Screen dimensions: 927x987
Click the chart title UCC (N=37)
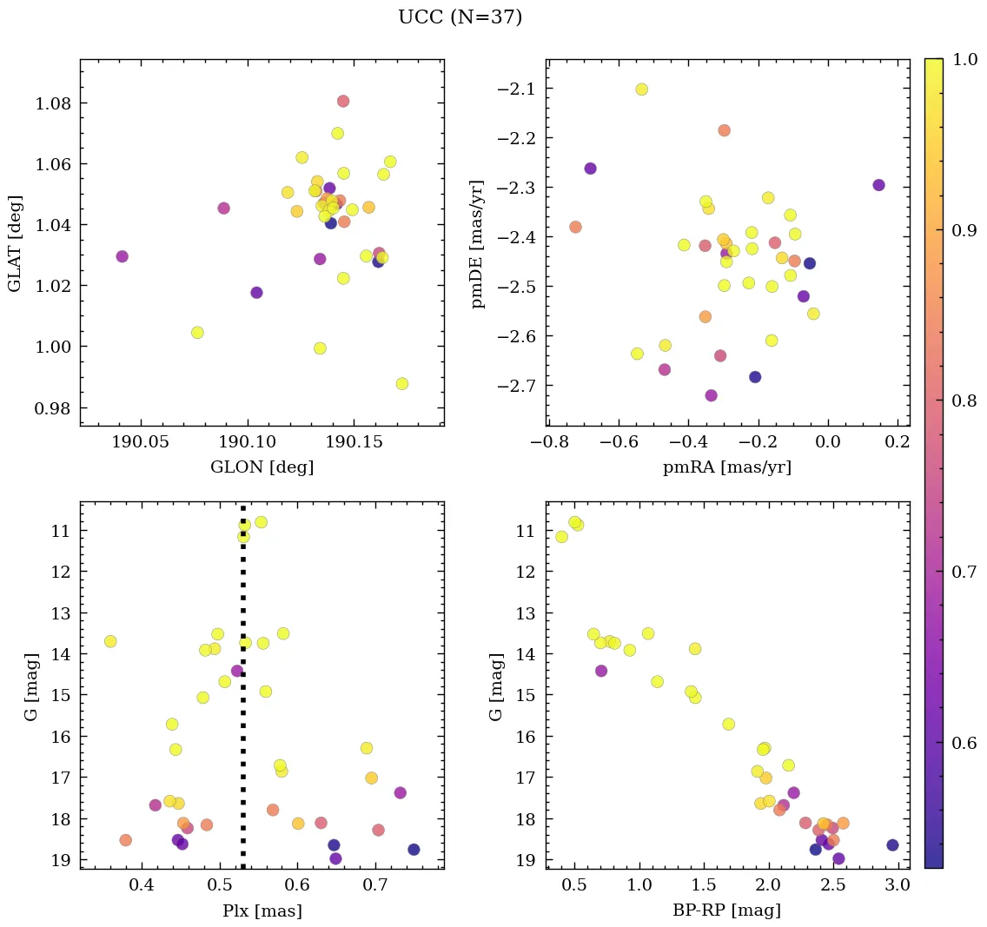click(460, 17)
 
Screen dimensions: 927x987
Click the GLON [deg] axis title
click(262, 467)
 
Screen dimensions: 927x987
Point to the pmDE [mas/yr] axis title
click(477, 244)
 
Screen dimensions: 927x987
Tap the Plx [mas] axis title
click(262, 911)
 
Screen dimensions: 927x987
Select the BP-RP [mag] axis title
click(727, 911)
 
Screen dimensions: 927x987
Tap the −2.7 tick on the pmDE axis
click(513, 386)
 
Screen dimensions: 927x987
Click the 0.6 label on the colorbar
click(964, 743)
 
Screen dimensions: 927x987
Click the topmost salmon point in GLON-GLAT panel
click(343, 102)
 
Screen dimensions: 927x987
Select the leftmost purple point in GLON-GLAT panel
click(123, 256)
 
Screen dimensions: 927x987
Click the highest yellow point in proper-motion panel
click(642, 89)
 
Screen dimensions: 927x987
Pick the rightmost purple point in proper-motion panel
click(878, 185)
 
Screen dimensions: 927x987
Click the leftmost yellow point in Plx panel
click(110, 641)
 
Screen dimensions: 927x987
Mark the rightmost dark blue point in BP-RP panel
click(892, 844)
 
